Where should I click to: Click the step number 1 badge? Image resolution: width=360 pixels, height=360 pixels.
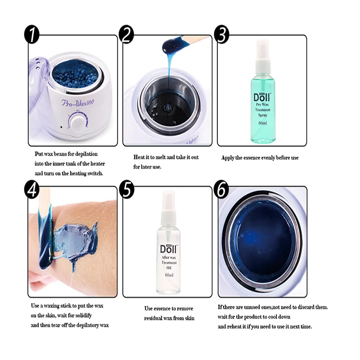pos(31,34)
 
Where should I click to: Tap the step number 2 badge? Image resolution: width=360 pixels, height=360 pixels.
pos(126,34)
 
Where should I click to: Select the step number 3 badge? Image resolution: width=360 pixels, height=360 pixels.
pos(221,34)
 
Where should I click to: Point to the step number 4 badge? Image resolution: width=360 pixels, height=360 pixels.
pos(31,189)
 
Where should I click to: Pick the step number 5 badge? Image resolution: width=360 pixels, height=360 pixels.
pos(126,189)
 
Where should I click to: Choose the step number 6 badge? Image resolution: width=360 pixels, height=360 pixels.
pos(221,189)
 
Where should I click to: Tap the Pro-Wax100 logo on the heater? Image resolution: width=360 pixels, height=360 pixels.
pos(77,103)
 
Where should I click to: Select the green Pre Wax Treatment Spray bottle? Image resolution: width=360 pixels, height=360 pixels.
pos(263,91)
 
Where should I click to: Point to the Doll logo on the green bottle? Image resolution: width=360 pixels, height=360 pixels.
pos(262,97)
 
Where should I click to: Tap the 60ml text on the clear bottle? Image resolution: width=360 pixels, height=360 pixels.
pos(169,275)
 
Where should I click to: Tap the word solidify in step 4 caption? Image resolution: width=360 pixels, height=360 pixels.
pos(83,315)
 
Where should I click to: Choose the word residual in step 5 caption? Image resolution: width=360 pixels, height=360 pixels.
pos(153,318)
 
